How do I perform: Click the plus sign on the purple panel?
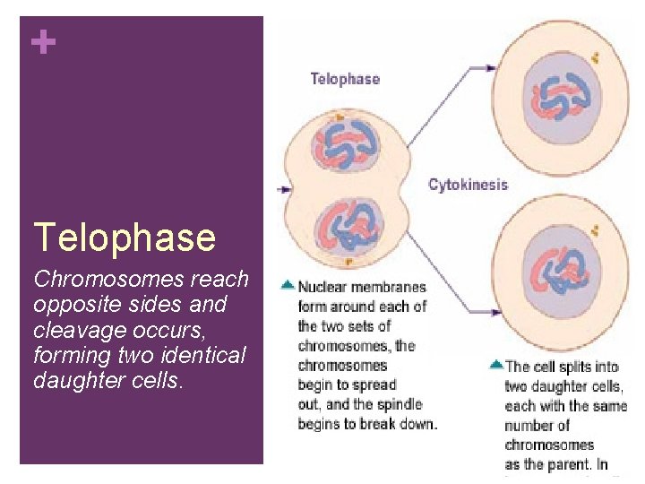pyautogui.click(x=42, y=42)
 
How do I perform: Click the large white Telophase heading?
pyautogui.click(x=125, y=238)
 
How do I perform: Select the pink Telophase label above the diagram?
pyautogui.click(x=345, y=79)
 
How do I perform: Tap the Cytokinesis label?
pyautogui.click(x=468, y=186)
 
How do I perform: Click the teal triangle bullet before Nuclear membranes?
pyautogui.click(x=287, y=285)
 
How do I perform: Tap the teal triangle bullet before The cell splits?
pyautogui.click(x=495, y=365)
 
